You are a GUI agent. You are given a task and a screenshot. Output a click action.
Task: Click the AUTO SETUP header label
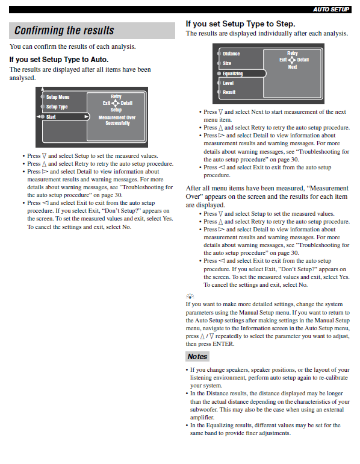point(331,10)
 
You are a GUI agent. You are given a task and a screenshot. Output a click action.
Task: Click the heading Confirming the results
point(64,31)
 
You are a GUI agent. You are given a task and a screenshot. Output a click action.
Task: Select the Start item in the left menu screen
point(51,117)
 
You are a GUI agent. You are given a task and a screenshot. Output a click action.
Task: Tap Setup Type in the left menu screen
point(57,107)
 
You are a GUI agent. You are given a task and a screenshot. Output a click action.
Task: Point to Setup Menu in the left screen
point(58,97)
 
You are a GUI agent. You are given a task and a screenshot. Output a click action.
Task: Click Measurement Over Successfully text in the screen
point(117,120)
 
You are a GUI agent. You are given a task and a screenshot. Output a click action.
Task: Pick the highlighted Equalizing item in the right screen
point(232,74)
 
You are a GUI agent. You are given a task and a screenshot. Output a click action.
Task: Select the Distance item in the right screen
point(231,54)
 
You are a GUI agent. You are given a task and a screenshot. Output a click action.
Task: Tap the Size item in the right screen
point(227,63)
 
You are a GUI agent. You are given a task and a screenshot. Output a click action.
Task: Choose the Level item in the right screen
point(228,83)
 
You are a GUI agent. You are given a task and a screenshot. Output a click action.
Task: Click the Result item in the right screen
point(229,92)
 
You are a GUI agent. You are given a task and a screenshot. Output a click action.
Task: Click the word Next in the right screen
point(293,67)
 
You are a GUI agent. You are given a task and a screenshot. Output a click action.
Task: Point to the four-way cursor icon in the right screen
point(292,60)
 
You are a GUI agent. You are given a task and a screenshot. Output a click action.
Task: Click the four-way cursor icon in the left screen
point(115,103)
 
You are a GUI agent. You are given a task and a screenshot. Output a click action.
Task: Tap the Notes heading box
point(197,357)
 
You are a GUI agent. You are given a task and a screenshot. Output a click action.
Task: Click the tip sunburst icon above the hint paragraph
point(190,296)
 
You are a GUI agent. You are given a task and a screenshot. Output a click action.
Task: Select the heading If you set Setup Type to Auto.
point(59,60)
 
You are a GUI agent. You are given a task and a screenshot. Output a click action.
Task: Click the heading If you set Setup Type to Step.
point(240,24)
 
